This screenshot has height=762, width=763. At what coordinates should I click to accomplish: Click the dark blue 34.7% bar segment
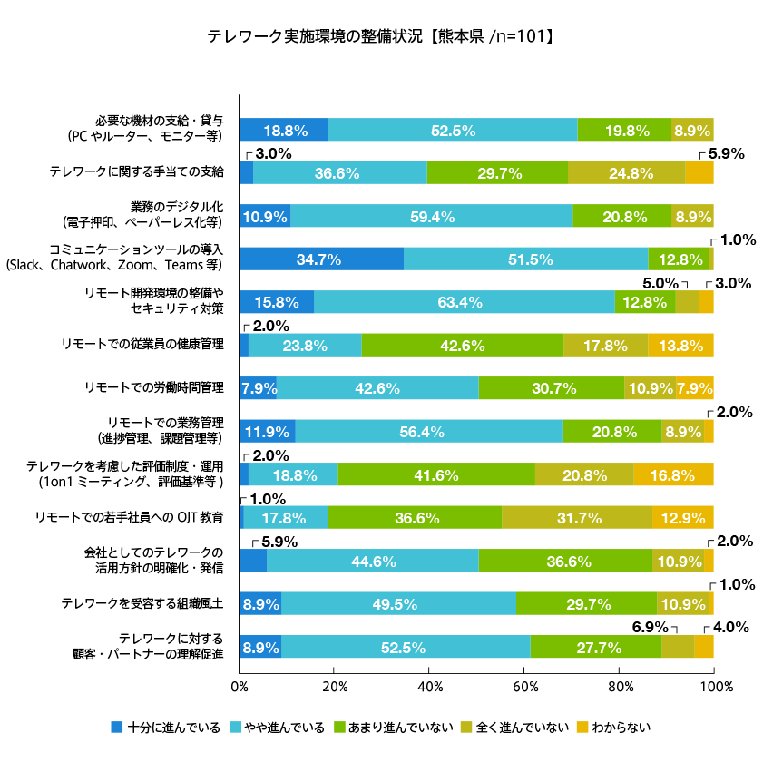[x=321, y=259]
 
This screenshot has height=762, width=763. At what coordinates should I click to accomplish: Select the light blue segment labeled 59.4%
[x=432, y=216]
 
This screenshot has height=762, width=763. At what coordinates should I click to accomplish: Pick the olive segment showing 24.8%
[x=627, y=173]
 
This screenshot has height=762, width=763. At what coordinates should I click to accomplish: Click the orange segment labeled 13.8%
[x=681, y=346]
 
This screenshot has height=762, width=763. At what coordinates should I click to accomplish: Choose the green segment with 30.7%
[x=552, y=388]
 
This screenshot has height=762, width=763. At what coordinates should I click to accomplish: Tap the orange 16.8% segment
[x=674, y=474]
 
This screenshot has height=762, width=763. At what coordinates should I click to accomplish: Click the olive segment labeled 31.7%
[x=577, y=518]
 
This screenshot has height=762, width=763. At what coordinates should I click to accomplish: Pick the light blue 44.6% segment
[x=373, y=562]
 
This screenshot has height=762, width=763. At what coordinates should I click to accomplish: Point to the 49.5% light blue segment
[x=398, y=604]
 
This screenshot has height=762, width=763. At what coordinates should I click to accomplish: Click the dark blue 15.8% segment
[x=277, y=302]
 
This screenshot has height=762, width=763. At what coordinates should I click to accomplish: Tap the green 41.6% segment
[x=436, y=474]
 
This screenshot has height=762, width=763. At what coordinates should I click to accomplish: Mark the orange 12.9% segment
[x=683, y=518]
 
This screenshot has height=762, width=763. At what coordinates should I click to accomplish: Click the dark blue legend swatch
[x=117, y=727]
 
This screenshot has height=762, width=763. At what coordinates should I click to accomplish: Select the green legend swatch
[x=340, y=727]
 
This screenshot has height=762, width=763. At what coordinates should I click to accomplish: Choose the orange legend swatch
[x=582, y=727]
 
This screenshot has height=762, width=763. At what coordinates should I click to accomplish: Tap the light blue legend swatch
[x=236, y=727]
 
